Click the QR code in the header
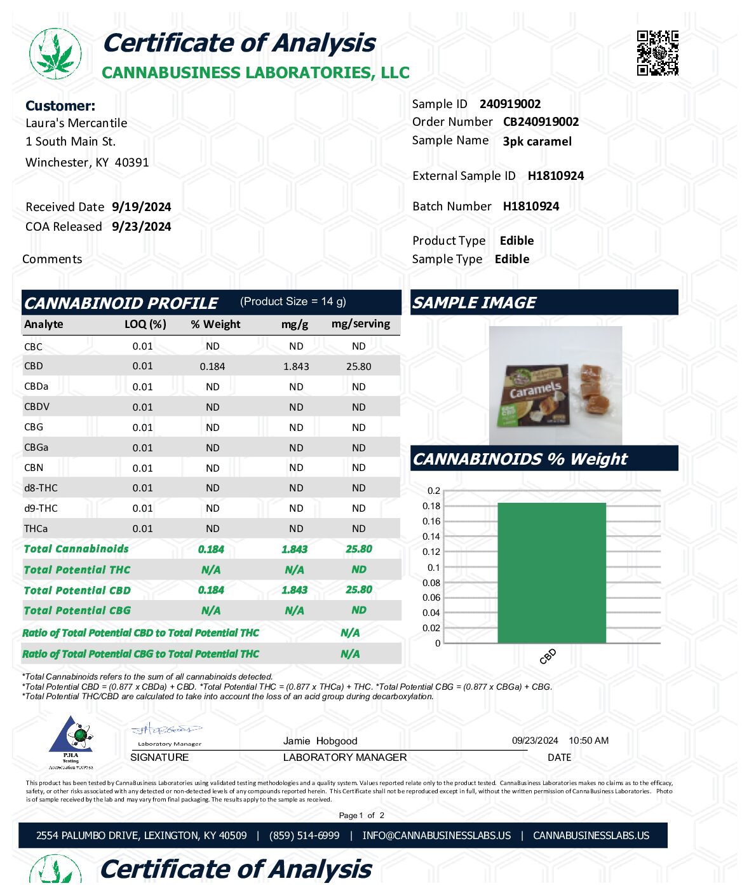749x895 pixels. pyautogui.click(x=658, y=53)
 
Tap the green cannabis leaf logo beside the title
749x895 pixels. pyautogui.click(x=56, y=53)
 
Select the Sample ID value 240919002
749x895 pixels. pyautogui.click(x=510, y=104)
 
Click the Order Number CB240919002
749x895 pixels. pyautogui.click(x=541, y=122)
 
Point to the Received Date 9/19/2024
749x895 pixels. pyautogui.click(x=141, y=207)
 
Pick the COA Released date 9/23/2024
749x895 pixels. pyautogui.click(x=141, y=227)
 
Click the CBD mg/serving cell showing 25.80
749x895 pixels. pyautogui.click(x=358, y=367)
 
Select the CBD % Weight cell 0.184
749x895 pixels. pyautogui.click(x=212, y=367)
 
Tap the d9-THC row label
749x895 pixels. pyautogui.click(x=41, y=509)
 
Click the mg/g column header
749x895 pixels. pyautogui.click(x=295, y=324)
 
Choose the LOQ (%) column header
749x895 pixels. pyautogui.click(x=145, y=324)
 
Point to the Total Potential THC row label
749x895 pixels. pyautogui.click(x=77, y=570)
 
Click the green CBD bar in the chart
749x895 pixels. pyautogui.click(x=551, y=572)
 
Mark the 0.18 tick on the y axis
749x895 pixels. pyautogui.click(x=431, y=506)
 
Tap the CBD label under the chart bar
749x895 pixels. pyautogui.click(x=548, y=656)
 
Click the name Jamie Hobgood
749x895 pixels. pyautogui.click(x=320, y=741)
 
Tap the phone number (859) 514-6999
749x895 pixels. pyautogui.click(x=304, y=836)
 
